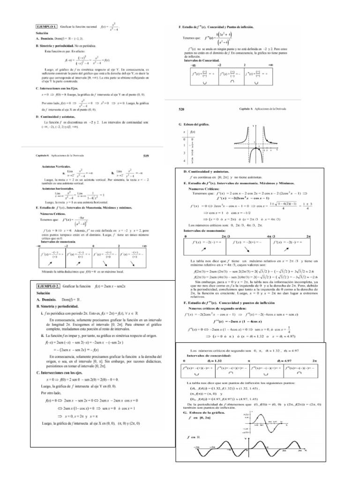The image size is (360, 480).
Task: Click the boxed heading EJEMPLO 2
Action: (52, 285)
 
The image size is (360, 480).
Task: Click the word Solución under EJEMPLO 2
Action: (44, 292)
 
